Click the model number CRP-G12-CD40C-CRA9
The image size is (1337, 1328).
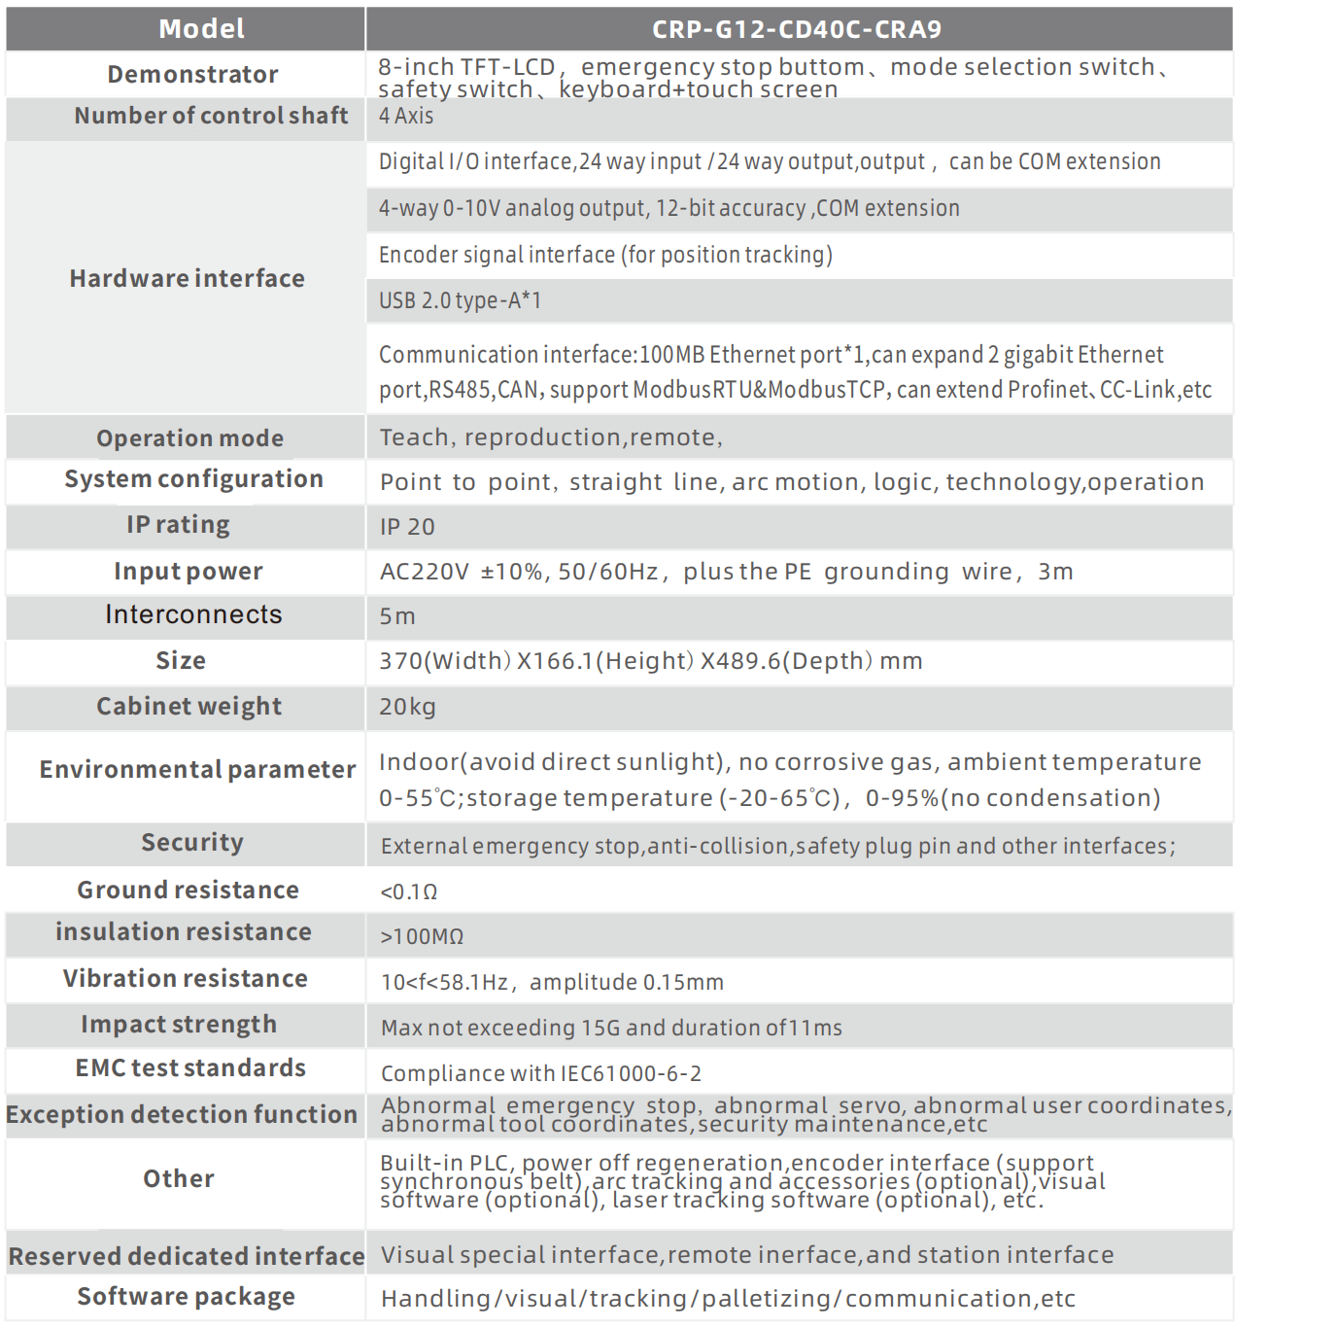pyautogui.click(x=797, y=29)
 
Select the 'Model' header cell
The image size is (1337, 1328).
pyautogui.click(x=201, y=29)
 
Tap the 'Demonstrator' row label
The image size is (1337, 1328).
pyautogui.click(x=192, y=75)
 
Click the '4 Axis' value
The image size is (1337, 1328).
pyautogui.click(x=406, y=116)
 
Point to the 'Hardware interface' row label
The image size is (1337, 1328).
pyautogui.click(x=187, y=279)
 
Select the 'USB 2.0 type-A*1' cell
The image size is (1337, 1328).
pyautogui.click(x=460, y=301)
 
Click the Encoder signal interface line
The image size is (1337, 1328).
pyautogui.click(x=605, y=255)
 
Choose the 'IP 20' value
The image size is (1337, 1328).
pyautogui.click(x=407, y=527)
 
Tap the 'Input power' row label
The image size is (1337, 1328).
pyautogui.click(x=188, y=572)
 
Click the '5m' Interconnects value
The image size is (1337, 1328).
pyautogui.click(x=397, y=616)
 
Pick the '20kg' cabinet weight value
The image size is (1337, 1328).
pyautogui.click(x=407, y=707)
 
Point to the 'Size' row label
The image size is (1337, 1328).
pyautogui.click(x=181, y=661)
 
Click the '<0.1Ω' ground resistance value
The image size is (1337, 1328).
pyautogui.click(x=409, y=891)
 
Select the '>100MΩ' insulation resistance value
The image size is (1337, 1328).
pyautogui.click(x=422, y=936)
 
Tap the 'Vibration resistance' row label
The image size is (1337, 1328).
pyautogui.click(x=185, y=979)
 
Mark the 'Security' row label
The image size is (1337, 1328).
pyautogui.click(x=191, y=843)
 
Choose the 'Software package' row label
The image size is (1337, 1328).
pyautogui.click(x=186, y=1297)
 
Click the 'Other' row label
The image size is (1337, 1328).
pyautogui.click(x=179, y=1179)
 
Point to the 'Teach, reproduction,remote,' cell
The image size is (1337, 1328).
pyautogui.click(x=551, y=437)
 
